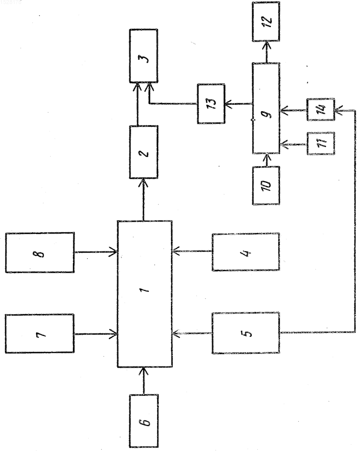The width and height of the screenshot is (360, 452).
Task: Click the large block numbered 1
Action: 145,294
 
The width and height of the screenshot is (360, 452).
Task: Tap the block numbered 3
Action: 144,56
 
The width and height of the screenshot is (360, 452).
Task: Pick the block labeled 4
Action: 246,252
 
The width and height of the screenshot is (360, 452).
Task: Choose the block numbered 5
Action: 246,333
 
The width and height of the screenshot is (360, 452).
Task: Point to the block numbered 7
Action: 40,334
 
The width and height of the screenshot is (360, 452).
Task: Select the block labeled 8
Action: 40,252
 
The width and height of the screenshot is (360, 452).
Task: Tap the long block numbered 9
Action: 266,108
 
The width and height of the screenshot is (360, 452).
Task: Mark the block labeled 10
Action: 266,185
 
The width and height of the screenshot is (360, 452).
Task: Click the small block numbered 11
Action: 321,144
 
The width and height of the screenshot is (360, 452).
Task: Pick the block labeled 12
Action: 266,21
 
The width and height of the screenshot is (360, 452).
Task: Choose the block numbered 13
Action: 211,104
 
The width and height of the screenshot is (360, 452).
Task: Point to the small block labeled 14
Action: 321,109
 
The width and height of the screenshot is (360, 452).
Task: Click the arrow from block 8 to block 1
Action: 95,252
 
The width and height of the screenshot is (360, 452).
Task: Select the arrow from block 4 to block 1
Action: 192,251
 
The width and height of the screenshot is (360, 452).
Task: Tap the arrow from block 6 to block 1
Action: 144,381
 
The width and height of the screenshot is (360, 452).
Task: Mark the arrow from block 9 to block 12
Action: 266,52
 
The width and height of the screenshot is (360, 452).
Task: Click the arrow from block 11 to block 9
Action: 293,144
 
